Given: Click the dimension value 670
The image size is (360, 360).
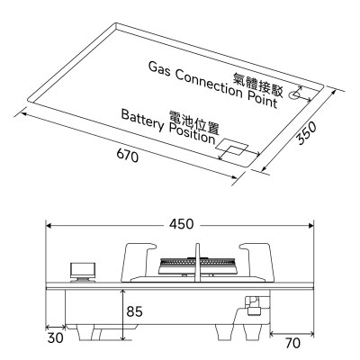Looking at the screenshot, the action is point(128,156).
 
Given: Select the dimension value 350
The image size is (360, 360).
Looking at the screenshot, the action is point(306,133).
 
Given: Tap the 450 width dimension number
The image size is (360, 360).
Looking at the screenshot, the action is point(182,224).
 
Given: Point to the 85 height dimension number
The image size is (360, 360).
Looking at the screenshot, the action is point(134,311).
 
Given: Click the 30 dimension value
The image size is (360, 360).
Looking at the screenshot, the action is point(56,337).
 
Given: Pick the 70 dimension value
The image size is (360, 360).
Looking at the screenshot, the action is point(292,343).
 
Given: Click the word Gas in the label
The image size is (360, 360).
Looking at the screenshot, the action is point(159,69).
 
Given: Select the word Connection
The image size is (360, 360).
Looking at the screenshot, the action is point(209,84).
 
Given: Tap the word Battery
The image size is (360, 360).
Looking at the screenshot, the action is point(143,121).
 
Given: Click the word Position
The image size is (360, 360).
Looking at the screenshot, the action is point(193,134).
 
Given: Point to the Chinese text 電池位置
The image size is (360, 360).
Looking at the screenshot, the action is point(194,122).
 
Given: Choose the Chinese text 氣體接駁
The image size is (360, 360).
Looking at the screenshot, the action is point(258,85).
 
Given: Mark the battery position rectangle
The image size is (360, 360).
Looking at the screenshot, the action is point(233,147).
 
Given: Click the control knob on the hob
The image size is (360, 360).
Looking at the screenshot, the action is point(83,272).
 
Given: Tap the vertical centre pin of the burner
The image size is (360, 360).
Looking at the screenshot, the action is point(197,263).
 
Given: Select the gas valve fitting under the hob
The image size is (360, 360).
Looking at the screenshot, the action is point(253,306).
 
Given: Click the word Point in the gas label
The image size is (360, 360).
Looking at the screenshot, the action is point(263,99).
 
